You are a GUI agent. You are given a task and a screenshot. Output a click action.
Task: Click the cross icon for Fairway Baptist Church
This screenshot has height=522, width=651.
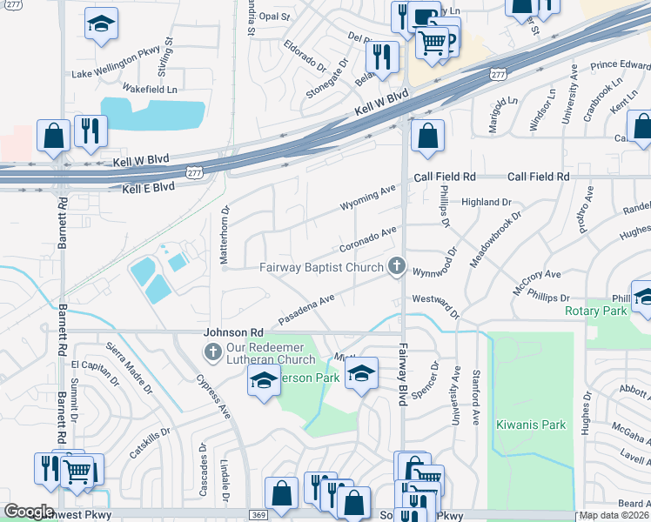(x=397, y=267)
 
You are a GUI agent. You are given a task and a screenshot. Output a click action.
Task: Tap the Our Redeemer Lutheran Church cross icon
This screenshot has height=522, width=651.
(x=211, y=352)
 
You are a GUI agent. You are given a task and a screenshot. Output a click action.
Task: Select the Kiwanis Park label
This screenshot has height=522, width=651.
(x=531, y=425)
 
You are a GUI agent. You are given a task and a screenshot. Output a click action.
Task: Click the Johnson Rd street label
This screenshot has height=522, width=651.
(x=232, y=332)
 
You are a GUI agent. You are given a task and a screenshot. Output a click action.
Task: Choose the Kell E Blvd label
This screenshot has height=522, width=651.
(x=148, y=187)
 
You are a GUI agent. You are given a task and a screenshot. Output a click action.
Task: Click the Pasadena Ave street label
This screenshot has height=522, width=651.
(x=305, y=309)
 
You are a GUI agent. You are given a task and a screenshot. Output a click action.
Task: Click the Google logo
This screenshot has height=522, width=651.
(x=29, y=512)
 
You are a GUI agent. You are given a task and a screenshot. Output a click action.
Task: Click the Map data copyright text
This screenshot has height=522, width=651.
(x=614, y=515)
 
